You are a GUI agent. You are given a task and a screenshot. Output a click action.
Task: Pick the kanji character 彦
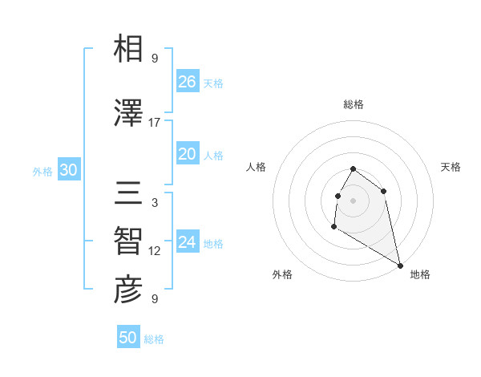(x=128, y=290)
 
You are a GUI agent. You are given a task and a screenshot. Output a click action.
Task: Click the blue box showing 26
(x=188, y=82)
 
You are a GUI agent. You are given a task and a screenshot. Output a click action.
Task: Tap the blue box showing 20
(x=188, y=154)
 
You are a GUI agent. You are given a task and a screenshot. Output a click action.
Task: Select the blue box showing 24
(x=188, y=242)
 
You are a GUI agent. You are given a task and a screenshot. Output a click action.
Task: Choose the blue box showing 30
(x=68, y=170)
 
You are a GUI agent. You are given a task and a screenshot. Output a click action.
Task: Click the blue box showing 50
(x=128, y=338)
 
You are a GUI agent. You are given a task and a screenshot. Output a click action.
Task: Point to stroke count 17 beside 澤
(x=155, y=123)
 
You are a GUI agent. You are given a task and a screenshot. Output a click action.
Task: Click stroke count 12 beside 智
(x=155, y=251)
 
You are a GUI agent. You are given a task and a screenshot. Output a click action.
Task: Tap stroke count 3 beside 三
(x=155, y=203)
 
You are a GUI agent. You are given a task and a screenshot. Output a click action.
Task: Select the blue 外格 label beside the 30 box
(x=42, y=171)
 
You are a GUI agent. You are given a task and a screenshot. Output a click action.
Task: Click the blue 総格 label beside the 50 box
(x=154, y=339)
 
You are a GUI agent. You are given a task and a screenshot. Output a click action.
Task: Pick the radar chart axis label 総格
(x=354, y=104)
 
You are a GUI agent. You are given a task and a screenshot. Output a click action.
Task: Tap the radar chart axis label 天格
(x=451, y=167)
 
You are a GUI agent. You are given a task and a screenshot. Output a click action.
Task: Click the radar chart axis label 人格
(x=257, y=167)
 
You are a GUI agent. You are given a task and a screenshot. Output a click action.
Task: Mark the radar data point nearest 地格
(x=401, y=266)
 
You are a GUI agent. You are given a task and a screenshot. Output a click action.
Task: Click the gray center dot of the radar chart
(x=354, y=200)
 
